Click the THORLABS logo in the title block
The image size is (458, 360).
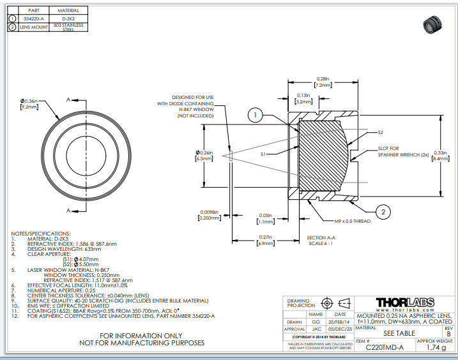pyautogui.click(x=404, y=302)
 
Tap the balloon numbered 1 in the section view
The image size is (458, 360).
pyautogui.click(x=254, y=115)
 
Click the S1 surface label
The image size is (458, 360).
pyautogui.click(x=263, y=154)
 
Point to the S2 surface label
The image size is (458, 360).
pyautogui.click(x=380, y=132)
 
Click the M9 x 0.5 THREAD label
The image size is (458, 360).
pyautogui.click(x=353, y=221)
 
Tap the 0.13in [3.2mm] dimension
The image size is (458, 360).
pyautogui.click(x=303, y=98)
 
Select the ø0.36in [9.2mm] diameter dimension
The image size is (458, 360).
pyautogui.click(x=29, y=105)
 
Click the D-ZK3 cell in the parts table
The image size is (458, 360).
pyautogui.click(x=68, y=19)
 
